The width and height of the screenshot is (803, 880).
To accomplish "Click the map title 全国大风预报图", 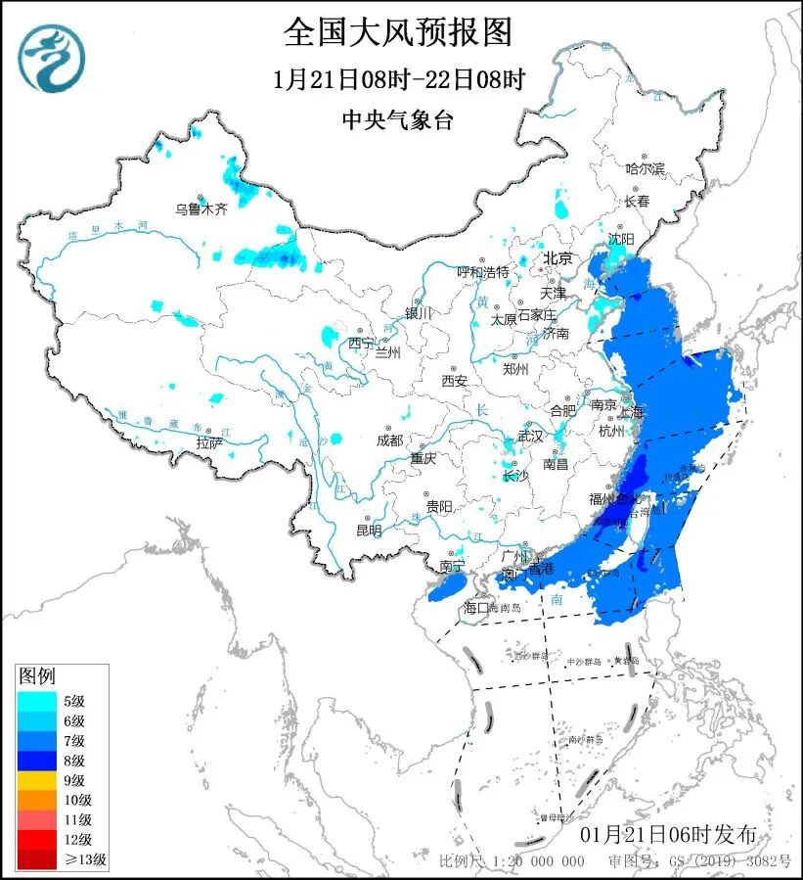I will (398, 32).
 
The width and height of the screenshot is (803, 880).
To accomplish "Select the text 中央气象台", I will (398, 119).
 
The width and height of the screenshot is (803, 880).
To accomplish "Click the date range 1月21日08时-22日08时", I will (398, 79).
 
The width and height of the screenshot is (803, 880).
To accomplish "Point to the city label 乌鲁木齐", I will (201, 208).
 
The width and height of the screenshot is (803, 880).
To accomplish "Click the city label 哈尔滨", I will (645, 169).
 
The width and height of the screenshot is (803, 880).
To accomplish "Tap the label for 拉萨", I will (209, 443).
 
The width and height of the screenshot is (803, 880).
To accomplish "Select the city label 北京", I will (558, 258).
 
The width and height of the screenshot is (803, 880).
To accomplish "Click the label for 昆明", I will (369, 531).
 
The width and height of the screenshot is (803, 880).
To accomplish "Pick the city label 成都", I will (388, 440).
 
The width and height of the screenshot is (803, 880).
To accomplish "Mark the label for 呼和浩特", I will (483, 271).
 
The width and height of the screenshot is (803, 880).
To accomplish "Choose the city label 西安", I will (455, 380).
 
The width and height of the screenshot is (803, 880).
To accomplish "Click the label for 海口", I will (475, 608).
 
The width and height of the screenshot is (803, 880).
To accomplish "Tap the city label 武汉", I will (529, 435).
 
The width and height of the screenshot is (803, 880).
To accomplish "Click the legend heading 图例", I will (38, 676).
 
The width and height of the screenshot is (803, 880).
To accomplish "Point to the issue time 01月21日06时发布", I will (667, 835).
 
